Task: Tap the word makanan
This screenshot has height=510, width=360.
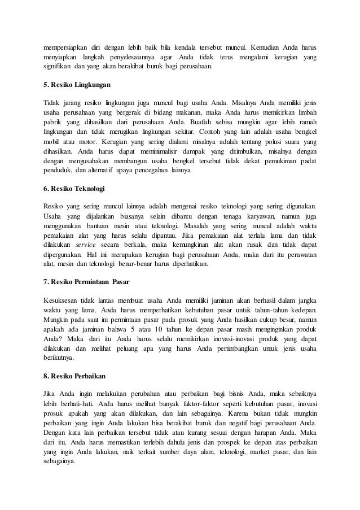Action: [182, 112]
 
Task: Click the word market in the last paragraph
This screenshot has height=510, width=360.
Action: [247, 450]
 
